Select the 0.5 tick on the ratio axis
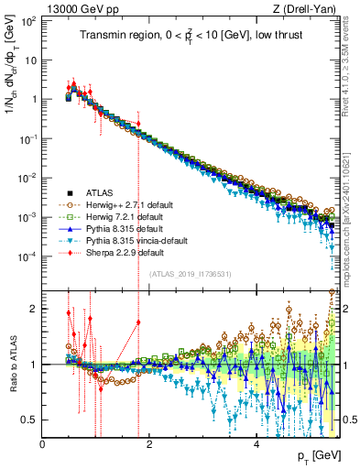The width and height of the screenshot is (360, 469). pyautogui.click(x=31, y=420)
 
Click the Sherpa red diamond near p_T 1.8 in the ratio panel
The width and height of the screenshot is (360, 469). pyautogui.click(x=138, y=322)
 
